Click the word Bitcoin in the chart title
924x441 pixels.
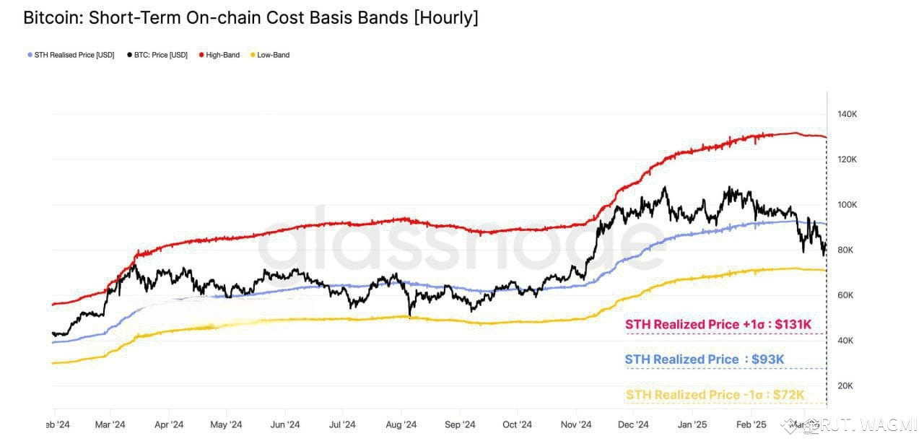(x=51, y=18)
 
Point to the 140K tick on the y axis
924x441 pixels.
(x=847, y=114)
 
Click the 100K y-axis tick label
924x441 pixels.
(x=847, y=204)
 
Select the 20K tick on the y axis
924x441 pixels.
(x=845, y=385)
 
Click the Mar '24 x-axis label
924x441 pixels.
(x=110, y=424)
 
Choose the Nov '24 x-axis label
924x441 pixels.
(x=576, y=424)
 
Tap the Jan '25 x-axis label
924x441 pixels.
(x=693, y=424)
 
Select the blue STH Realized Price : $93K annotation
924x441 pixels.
(x=705, y=359)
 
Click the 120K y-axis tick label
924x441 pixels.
(x=847, y=159)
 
